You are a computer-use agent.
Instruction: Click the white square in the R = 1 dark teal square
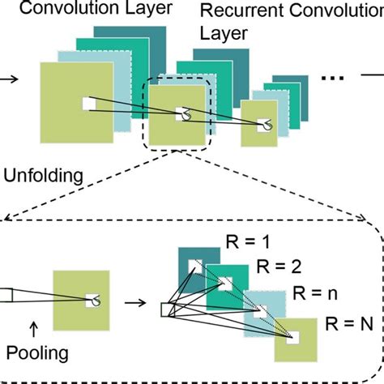(x=194, y=266)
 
